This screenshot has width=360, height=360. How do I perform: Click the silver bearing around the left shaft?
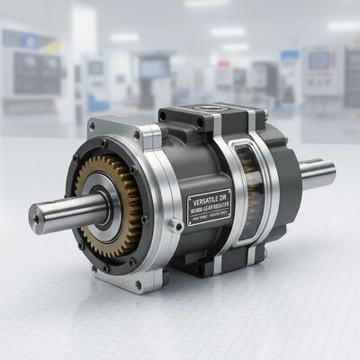[x=111, y=202]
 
